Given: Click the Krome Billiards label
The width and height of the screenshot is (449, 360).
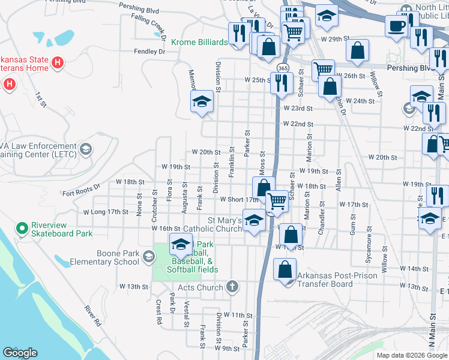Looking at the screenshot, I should pos(199,42).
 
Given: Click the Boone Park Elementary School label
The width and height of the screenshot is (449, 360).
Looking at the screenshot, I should pos(104,257).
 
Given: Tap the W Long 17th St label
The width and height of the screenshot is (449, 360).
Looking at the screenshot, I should pos(106,212).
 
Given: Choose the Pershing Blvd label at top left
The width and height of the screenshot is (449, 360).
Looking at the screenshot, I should pos(139,10).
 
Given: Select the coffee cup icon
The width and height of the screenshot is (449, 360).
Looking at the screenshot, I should pos(396,26).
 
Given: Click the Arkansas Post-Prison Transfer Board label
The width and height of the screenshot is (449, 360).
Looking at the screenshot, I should pos(337,280).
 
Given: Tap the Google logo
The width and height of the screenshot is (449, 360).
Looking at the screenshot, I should pos(20,353).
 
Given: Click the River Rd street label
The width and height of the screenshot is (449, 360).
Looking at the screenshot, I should pos(92,316).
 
